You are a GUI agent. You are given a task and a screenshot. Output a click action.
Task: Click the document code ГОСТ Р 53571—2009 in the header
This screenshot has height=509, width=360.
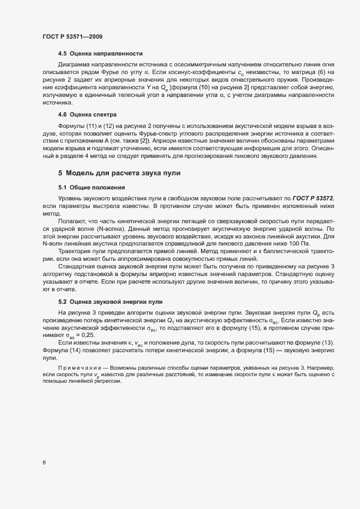tap(72, 36)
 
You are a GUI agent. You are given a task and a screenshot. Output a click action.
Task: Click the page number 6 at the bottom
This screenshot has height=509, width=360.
tap(44, 463)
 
